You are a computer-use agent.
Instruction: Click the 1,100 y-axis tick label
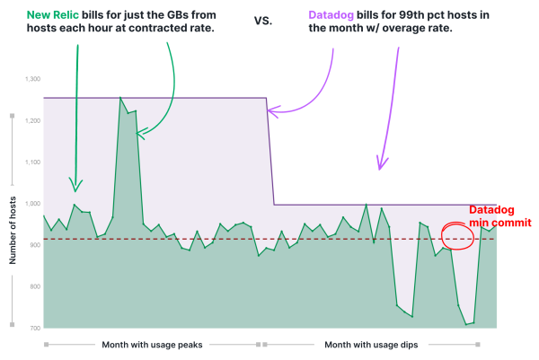[x=30, y=163]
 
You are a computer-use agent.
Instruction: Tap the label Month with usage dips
[x=370, y=345]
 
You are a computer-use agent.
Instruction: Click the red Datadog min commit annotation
[x=500, y=216]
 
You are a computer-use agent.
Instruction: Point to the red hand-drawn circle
[x=457, y=236]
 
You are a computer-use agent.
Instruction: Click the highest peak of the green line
[x=119, y=98]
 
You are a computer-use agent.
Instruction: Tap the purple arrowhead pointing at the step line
[x=272, y=111]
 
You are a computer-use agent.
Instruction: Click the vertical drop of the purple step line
[x=271, y=153]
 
